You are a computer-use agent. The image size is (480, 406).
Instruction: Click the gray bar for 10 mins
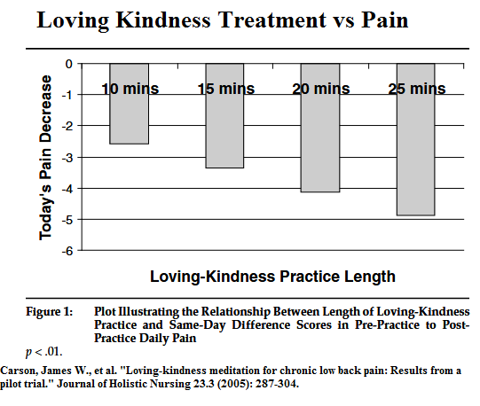pos(130,104)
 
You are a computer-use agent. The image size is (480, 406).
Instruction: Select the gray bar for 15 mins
pos(224,115)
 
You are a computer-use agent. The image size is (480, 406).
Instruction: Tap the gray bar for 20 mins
pos(320,128)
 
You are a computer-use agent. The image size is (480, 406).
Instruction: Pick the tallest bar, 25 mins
pos(416,139)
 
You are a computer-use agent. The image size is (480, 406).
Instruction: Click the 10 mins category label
pos(130,89)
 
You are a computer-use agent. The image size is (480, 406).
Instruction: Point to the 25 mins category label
pos(417,89)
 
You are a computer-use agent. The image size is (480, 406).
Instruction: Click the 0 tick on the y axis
pos(69,64)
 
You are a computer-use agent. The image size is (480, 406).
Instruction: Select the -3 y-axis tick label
pos(67,158)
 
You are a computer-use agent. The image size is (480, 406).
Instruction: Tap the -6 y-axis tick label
pos(67,251)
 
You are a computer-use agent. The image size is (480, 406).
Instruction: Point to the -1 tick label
pos(67,96)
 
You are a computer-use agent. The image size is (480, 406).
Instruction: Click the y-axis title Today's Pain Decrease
pos(45,158)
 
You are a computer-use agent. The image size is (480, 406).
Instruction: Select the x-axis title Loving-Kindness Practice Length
pos(272,277)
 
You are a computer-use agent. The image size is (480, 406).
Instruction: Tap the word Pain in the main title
pos(385,20)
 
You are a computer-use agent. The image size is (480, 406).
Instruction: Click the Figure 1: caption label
pos(50,312)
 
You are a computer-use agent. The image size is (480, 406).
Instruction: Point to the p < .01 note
pos(44,352)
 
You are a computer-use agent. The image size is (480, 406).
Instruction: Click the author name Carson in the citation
pos(20,371)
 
